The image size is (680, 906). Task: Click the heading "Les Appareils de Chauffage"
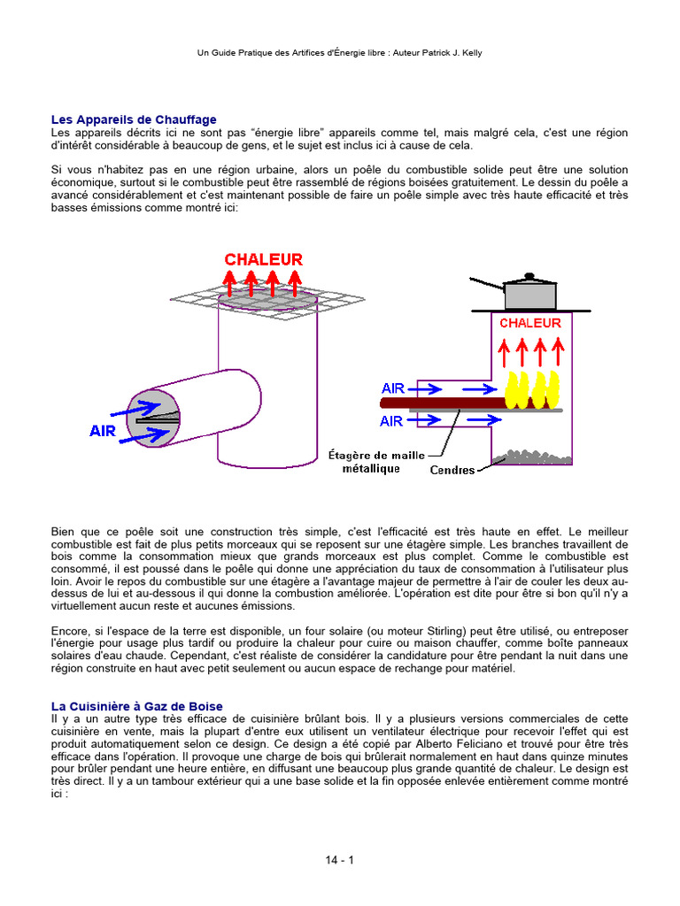[134, 119]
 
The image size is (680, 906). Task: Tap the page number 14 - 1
[339, 859]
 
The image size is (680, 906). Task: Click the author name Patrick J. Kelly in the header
[449, 53]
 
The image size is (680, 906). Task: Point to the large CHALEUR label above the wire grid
[263, 259]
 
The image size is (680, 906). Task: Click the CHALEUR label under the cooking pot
[529, 323]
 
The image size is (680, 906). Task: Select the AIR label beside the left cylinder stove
[103, 431]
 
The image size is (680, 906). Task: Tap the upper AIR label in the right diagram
[393, 388]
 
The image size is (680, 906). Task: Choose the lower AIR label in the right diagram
[391, 421]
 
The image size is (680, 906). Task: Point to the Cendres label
[452, 470]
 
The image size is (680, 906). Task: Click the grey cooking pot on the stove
[529, 293]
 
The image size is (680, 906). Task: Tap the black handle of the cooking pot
[486, 284]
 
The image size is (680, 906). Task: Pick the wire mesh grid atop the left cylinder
[257, 300]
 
